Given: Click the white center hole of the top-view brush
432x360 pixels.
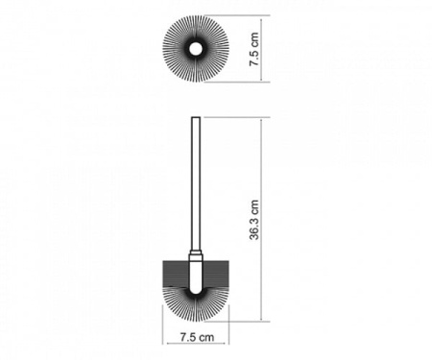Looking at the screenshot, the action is pyautogui.click(x=195, y=49).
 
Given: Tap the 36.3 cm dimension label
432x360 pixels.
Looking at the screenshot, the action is pyautogui.click(x=254, y=220).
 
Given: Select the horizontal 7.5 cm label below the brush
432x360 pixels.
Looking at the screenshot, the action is pyautogui.click(x=197, y=337).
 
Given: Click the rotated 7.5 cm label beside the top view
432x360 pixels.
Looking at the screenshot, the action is pyautogui.click(x=254, y=49).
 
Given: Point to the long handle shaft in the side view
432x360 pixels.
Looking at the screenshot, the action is pyautogui.click(x=196, y=184).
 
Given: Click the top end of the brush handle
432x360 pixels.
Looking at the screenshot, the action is pyautogui.click(x=196, y=117).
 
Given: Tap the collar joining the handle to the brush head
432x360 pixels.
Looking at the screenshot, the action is pyautogui.click(x=196, y=257).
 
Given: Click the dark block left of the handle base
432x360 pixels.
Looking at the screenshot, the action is pyautogui.click(x=176, y=274).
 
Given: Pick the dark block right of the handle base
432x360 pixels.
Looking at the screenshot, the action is pyautogui.click(x=215, y=274).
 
